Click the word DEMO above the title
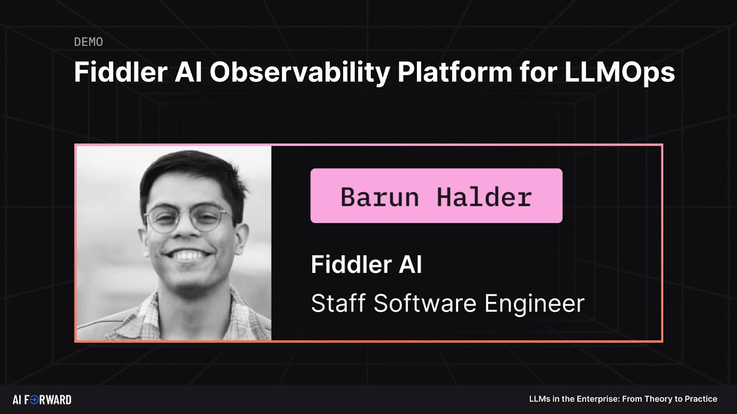click(89, 42)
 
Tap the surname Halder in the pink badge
click(484, 197)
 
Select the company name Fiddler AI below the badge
click(366, 265)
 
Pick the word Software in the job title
click(424, 303)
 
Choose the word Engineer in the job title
click(534, 303)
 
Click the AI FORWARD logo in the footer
click(42, 400)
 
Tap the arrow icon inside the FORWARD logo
click(34, 400)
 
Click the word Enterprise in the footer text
click(595, 399)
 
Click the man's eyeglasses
click(188, 219)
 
